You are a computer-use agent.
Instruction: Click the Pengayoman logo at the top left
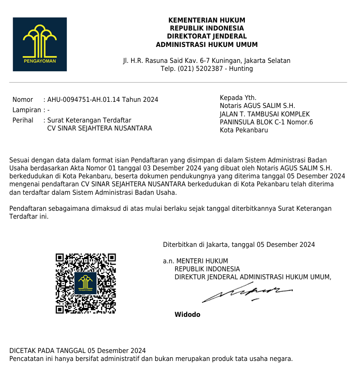[39, 44]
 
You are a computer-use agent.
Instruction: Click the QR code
[86, 283]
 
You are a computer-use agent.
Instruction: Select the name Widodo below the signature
[187, 314]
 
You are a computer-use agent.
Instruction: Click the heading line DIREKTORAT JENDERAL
[207, 37]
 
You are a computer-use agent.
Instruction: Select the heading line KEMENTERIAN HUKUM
[207, 21]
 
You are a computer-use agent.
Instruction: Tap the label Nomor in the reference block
[23, 100]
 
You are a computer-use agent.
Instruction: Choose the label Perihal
[23, 120]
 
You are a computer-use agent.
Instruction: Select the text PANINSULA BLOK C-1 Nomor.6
[266, 123]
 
